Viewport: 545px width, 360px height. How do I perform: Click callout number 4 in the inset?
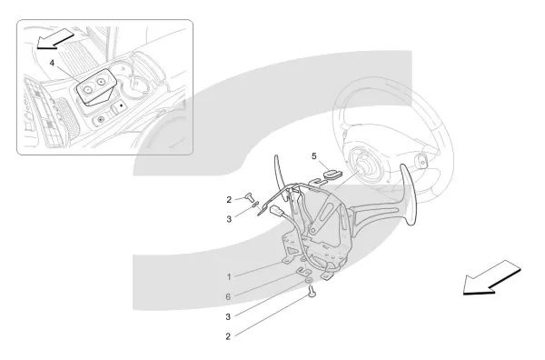52,63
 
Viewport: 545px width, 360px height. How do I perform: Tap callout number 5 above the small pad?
314,156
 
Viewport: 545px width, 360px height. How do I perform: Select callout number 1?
229,277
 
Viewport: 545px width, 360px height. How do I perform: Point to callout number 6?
228,296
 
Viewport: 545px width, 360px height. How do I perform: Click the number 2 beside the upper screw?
229,200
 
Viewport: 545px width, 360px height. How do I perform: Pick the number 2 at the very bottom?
228,336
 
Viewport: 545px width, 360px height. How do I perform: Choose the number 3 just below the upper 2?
229,219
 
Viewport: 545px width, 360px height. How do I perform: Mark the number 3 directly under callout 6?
228,317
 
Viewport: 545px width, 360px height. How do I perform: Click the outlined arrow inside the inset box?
54,38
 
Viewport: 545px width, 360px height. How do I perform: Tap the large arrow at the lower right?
491,277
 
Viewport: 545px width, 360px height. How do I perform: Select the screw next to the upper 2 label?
251,196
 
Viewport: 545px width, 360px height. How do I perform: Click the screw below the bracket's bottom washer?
312,292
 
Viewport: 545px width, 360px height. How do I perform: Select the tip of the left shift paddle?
276,156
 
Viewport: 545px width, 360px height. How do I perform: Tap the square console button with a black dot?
121,105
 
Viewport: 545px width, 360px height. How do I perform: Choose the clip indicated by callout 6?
303,270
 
